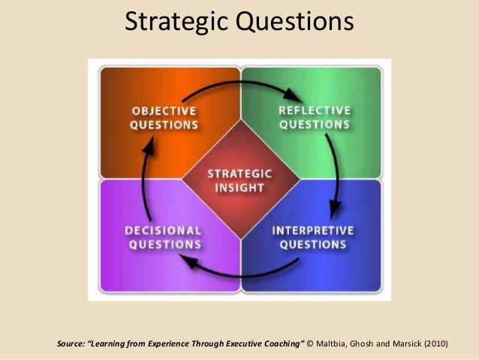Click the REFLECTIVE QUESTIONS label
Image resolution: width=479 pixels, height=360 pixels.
coord(314,118)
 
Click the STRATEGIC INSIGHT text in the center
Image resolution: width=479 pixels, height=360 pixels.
coord(239,180)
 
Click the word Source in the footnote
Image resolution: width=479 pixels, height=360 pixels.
coord(72,344)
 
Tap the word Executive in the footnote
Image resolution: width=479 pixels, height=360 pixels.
coord(240,344)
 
